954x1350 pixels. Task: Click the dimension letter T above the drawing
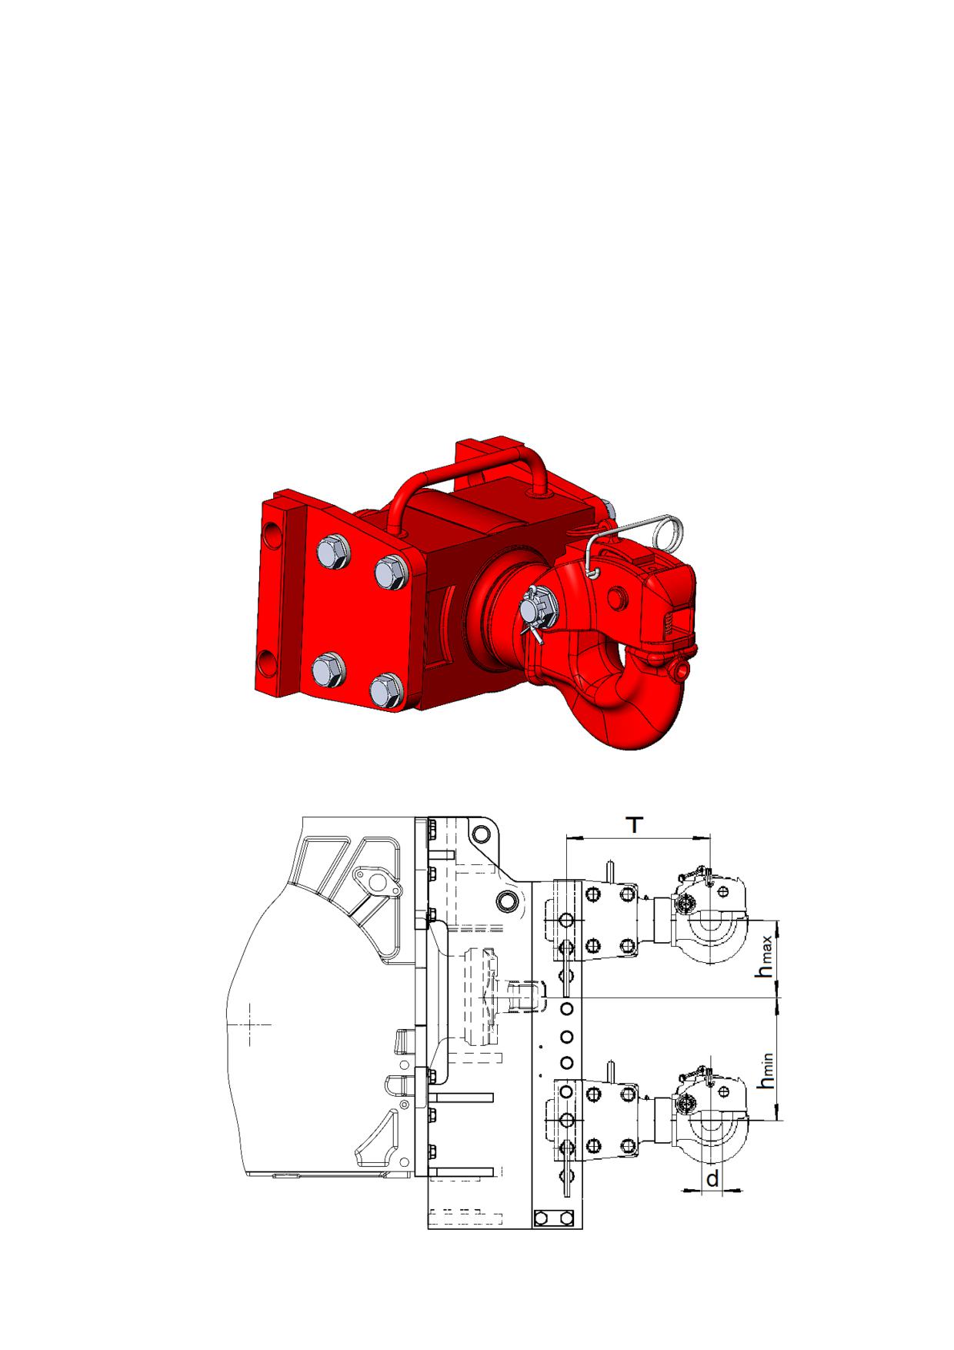pyautogui.click(x=634, y=825)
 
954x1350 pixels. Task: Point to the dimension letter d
pyautogui.click(x=712, y=1178)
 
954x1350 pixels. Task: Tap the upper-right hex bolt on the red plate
pyautogui.click(x=390, y=573)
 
